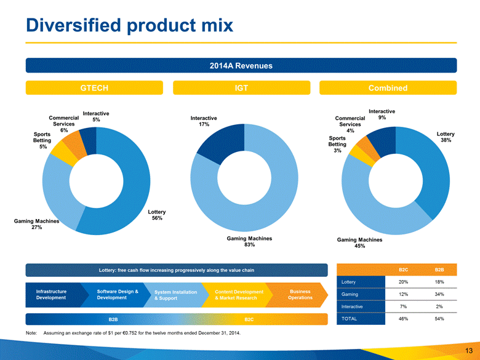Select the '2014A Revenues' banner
pyautogui.click(x=241, y=66)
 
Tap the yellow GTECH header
pyautogui.click(x=95, y=88)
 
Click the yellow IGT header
pyautogui.click(x=241, y=88)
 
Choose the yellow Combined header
pyautogui.click(x=388, y=88)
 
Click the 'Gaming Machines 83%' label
pyautogui.click(x=249, y=241)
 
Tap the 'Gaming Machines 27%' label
pyautogui.click(x=37, y=223)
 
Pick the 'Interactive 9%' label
pyautogui.click(x=382, y=114)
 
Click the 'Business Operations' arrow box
pyautogui.click(x=300, y=294)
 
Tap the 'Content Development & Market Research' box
pyautogui.click(x=239, y=294)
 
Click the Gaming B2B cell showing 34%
pyautogui.click(x=438, y=294)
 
